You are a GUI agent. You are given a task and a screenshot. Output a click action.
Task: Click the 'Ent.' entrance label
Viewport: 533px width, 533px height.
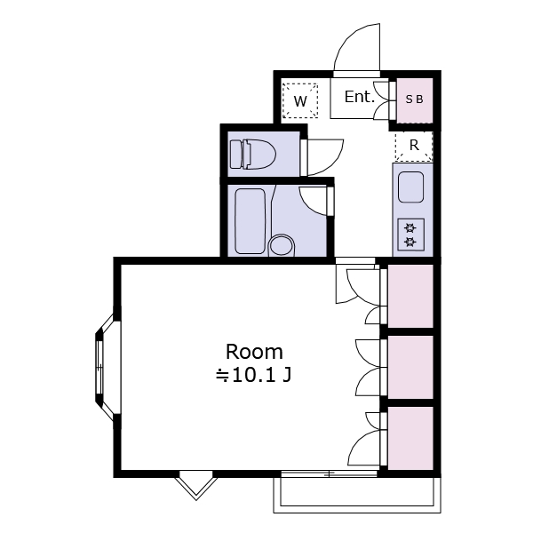359,97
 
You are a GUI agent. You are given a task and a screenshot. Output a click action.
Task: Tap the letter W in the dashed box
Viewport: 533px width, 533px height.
300,101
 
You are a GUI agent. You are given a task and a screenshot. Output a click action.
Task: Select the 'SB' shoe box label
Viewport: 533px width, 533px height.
415,99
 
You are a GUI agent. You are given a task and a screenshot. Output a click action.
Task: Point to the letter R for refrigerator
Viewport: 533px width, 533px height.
414,145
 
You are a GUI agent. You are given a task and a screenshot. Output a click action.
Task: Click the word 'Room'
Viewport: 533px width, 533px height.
254,352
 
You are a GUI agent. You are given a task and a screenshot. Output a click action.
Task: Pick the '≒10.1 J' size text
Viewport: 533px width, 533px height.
254,375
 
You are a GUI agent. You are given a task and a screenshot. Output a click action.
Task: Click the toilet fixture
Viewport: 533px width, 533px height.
253,154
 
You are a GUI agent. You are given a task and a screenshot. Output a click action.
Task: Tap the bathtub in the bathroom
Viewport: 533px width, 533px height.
251,221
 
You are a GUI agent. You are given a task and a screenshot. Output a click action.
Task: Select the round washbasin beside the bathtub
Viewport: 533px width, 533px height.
282,245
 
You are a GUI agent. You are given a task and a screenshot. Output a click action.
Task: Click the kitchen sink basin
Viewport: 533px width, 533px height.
410,187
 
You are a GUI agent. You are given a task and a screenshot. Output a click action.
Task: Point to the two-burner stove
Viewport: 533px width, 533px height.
410,235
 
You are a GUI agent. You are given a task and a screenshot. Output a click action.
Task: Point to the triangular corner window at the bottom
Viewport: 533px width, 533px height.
196,485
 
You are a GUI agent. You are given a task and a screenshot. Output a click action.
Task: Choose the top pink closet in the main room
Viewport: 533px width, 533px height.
410,296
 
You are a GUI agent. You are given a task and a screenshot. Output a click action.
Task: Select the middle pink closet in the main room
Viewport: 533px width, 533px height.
410,367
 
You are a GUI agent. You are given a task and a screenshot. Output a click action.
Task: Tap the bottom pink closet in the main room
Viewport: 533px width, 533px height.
410,438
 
